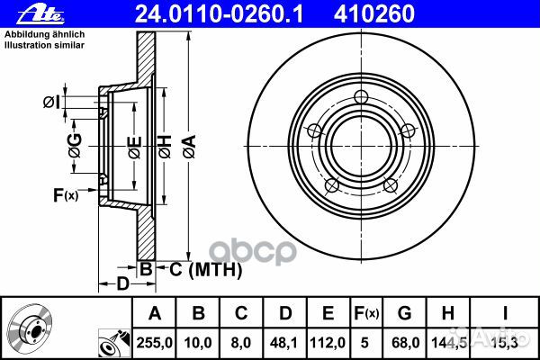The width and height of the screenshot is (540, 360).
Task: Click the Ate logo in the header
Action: point(40,14)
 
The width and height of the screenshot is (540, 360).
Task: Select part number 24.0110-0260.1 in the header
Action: point(220,14)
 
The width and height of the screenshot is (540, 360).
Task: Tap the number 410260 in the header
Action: point(373,14)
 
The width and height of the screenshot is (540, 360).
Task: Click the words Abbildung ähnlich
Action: point(44,34)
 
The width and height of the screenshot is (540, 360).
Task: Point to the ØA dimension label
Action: point(189,147)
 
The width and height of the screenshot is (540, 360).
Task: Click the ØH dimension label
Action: point(165,147)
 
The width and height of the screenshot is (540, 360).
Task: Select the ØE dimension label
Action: point(135,148)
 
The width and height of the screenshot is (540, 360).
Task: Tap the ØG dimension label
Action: point(75,146)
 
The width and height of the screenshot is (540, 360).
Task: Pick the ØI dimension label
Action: point(51,103)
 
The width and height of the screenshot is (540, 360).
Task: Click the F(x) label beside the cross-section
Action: point(66,195)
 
